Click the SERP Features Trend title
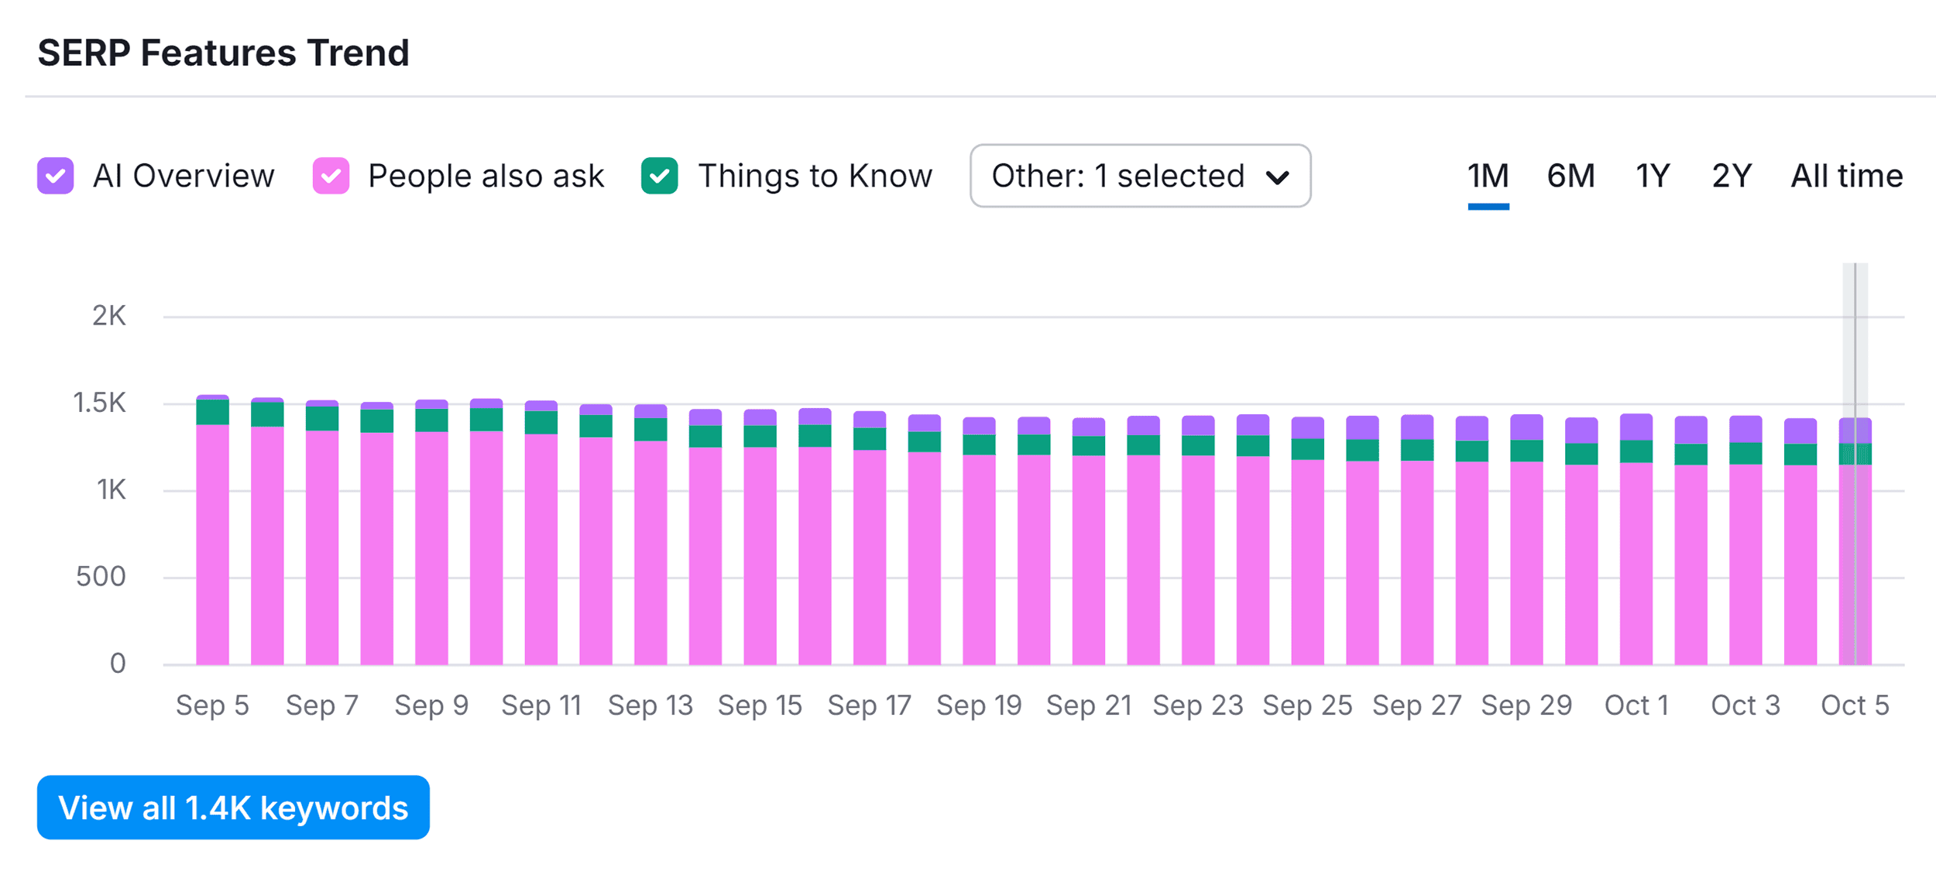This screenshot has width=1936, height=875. pyautogui.click(x=223, y=53)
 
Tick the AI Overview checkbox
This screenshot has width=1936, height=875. pyautogui.click(x=56, y=176)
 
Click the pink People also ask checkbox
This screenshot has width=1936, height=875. pyautogui.click(x=331, y=176)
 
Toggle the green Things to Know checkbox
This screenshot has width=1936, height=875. pyautogui.click(x=660, y=176)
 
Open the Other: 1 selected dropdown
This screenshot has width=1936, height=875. pyautogui.click(x=1140, y=176)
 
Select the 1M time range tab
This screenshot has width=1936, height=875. pyautogui.click(x=1488, y=176)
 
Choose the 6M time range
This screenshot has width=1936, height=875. pyautogui.click(x=1570, y=176)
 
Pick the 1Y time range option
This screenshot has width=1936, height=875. pyautogui.click(x=1653, y=176)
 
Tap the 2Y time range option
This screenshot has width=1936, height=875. pyautogui.click(x=1732, y=176)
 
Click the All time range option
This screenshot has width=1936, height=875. pyautogui.click(x=1846, y=176)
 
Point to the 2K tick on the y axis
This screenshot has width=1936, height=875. pyautogui.click(x=109, y=316)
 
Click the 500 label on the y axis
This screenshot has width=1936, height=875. pyautogui.click(x=101, y=577)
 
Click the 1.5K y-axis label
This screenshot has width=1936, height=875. pyautogui.click(x=99, y=403)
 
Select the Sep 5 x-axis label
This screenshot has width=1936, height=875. pyautogui.click(x=212, y=705)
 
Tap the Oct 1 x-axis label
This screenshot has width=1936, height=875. pyautogui.click(x=1636, y=705)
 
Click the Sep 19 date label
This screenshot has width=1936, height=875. pyautogui.click(x=979, y=705)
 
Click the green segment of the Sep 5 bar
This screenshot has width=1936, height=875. pyautogui.click(x=212, y=412)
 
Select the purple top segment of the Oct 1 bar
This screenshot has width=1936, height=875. pyautogui.click(x=1636, y=427)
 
